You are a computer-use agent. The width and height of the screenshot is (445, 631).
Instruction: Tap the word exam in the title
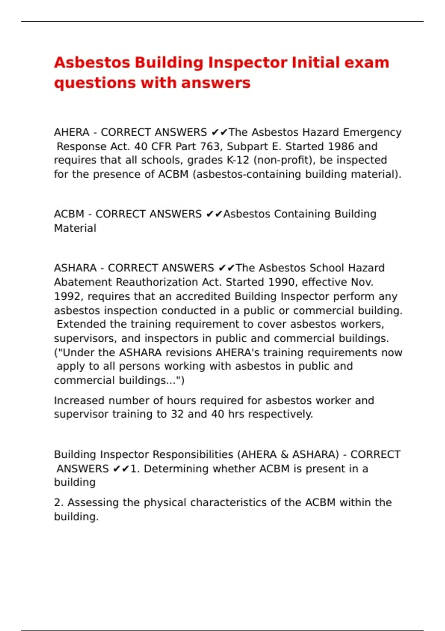click(367, 63)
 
